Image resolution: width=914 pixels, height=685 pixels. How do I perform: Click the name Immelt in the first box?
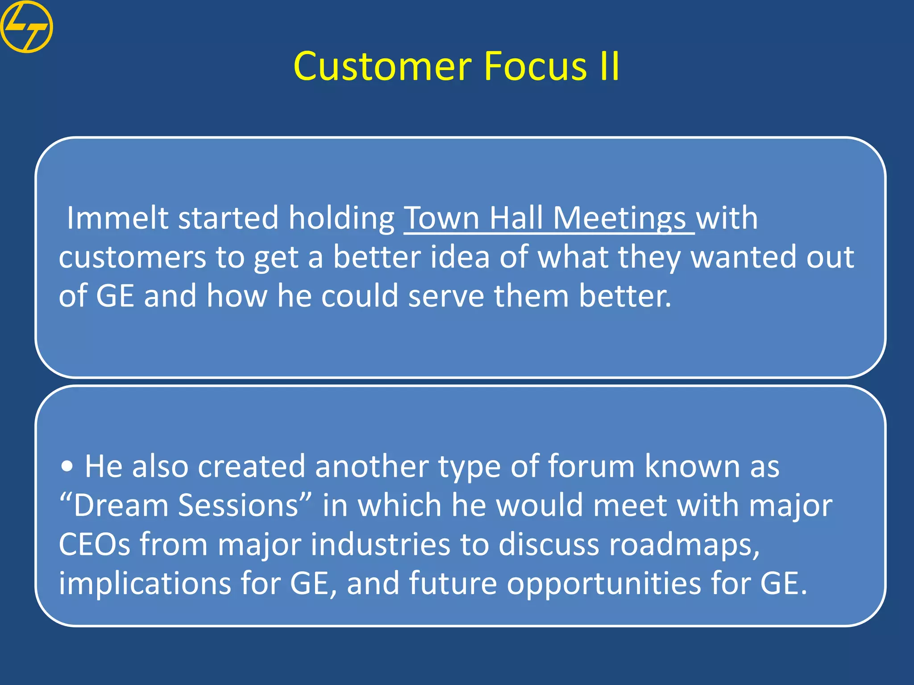(x=117, y=218)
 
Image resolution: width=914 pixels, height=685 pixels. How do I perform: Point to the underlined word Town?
(x=442, y=218)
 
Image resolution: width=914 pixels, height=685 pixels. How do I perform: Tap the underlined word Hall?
(x=516, y=218)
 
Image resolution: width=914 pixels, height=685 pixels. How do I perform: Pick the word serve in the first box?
(x=446, y=296)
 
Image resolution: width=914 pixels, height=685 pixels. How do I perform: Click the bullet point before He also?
(x=67, y=466)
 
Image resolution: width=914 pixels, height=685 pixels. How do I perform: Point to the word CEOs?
(x=94, y=545)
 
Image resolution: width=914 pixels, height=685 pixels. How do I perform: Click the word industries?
(x=380, y=545)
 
